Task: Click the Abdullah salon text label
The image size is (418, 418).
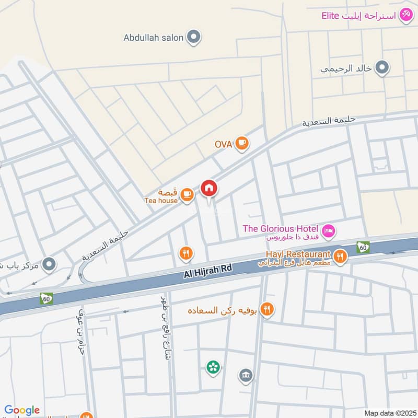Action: point(154,38)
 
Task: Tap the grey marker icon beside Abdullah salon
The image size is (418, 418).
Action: point(194,37)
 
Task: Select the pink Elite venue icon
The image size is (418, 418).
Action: point(405,15)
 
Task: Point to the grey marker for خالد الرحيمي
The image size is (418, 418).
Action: point(382,68)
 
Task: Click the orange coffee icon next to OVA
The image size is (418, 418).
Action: point(241,143)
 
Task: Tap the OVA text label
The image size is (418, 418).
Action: point(223,144)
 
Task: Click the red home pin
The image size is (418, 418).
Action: point(209,189)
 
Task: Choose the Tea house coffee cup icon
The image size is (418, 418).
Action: point(187,195)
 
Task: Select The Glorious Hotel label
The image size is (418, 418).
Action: point(281,228)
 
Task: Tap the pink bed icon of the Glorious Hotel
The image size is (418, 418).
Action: point(328,230)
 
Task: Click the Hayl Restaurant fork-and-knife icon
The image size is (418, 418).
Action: point(340,256)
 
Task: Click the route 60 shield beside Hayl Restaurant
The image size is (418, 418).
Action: point(363,247)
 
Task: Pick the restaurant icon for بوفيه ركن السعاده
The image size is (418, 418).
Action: point(267,310)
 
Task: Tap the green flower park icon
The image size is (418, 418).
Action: point(213,368)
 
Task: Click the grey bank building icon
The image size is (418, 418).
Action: point(246,375)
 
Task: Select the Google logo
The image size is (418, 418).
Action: point(22,410)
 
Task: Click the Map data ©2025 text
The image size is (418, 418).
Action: point(389,413)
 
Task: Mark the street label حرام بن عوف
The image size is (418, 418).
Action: point(81,340)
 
